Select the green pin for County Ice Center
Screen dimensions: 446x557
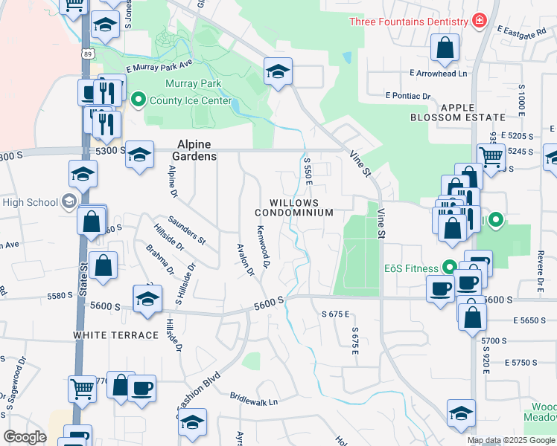click(138, 99)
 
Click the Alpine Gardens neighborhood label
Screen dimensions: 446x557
click(197, 150)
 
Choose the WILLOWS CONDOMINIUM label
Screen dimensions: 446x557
click(301, 207)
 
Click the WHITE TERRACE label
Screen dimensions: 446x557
click(116, 335)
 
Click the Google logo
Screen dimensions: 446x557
click(25, 436)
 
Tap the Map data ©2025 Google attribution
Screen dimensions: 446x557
click(512, 440)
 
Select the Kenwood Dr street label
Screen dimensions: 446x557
click(263, 248)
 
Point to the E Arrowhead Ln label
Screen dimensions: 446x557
click(438, 74)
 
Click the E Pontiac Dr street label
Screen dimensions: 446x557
click(408, 96)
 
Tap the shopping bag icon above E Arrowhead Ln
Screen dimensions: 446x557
click(445, 49)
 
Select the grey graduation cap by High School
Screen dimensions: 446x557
click(69, 201)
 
